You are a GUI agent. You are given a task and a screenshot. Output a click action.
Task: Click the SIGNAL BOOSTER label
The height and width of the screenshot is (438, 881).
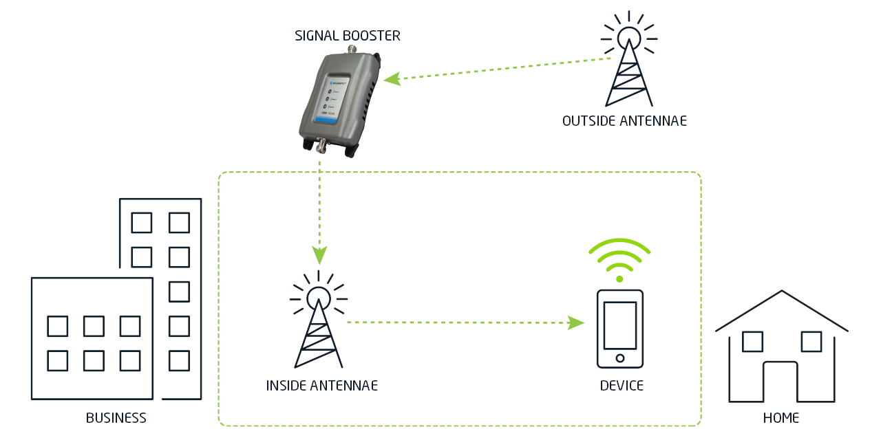(347, 36)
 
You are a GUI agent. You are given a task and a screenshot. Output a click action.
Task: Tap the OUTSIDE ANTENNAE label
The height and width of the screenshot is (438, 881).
(624, 122)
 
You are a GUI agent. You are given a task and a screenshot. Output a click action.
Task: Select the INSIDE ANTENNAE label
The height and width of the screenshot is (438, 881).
(322, 385)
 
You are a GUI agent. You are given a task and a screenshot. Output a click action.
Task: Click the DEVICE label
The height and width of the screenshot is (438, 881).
(622, 385)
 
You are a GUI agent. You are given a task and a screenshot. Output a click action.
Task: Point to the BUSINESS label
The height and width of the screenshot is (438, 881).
(116, 418)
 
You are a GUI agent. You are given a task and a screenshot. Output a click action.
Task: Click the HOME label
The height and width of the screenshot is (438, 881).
(781, 418)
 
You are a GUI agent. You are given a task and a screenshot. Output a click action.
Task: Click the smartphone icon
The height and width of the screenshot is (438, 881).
(619, 329)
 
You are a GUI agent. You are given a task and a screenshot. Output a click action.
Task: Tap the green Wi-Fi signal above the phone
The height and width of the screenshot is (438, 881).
(619, 260)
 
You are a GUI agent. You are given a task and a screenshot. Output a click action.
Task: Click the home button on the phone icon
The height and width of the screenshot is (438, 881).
(619, 358)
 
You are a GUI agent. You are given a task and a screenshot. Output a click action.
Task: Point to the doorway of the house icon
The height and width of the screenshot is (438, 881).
(781, 382)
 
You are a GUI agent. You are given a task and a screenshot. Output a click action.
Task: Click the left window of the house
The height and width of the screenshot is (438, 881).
(753, 341)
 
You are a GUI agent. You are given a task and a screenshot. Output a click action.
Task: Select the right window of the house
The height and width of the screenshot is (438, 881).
(811, 341)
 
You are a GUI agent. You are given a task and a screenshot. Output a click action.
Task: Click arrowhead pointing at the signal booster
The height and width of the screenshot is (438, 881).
(391, 79)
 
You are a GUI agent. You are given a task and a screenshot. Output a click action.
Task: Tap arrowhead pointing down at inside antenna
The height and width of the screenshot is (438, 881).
(319, 256)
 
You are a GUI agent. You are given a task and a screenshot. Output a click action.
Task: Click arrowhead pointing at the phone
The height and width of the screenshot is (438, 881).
(576, 322)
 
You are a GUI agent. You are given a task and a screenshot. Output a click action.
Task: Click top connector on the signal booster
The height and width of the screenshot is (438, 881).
(353, 50)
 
